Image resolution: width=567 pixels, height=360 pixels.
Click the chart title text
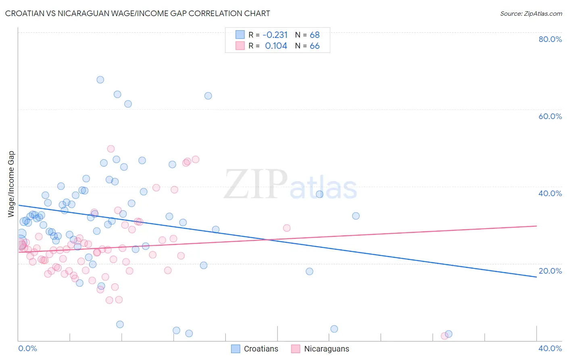pyautogui.click(x=138, y=13)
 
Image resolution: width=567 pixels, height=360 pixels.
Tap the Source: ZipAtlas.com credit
pyautogui.click(x=531, y=13)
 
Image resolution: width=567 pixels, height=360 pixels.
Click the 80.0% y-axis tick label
pyautogui.click(x=550, y=39)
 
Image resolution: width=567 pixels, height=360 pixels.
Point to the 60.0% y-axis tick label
pyautogui.click(x=550, y=116)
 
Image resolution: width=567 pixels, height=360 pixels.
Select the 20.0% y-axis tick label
pyautogui.click(x=550, y=271)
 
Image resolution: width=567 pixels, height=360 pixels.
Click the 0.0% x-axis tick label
pyautogui.click(x=27, y=348)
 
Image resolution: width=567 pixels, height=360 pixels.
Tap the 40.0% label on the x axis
pyautogui.click(x=550, y=348)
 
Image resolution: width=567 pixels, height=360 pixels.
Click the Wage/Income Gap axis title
pyautogui.click(x=11, y=184)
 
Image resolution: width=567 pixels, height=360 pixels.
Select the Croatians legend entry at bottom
pyautogui.click(x=255, y=349)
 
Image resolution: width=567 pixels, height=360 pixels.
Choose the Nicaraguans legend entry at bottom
pyautogui.click(x=320, y=349)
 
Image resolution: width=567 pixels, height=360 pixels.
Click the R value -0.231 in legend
pyautogui.click(x=275, y=35)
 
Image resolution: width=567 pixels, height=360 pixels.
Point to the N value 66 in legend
pyautogui.click(x=315, y=46)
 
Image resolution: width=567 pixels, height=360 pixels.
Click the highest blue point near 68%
pyautogui.click(x=100, y=80)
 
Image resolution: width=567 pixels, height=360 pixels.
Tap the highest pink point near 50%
pyautogui.click(x=111, y=149)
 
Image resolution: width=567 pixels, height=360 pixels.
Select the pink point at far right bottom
pyautogui.click(x=444, y=336)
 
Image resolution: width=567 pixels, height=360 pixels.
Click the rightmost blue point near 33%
pyautogui.click(x=356, y=216)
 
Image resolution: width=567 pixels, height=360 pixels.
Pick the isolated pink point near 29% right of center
pyautogui.click(x=287, y=228)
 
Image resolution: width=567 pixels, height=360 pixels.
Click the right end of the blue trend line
pyautogui.click(x=536, y=277)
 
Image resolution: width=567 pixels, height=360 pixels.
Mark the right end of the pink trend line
pyautogui.click(x=536, y=226)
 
